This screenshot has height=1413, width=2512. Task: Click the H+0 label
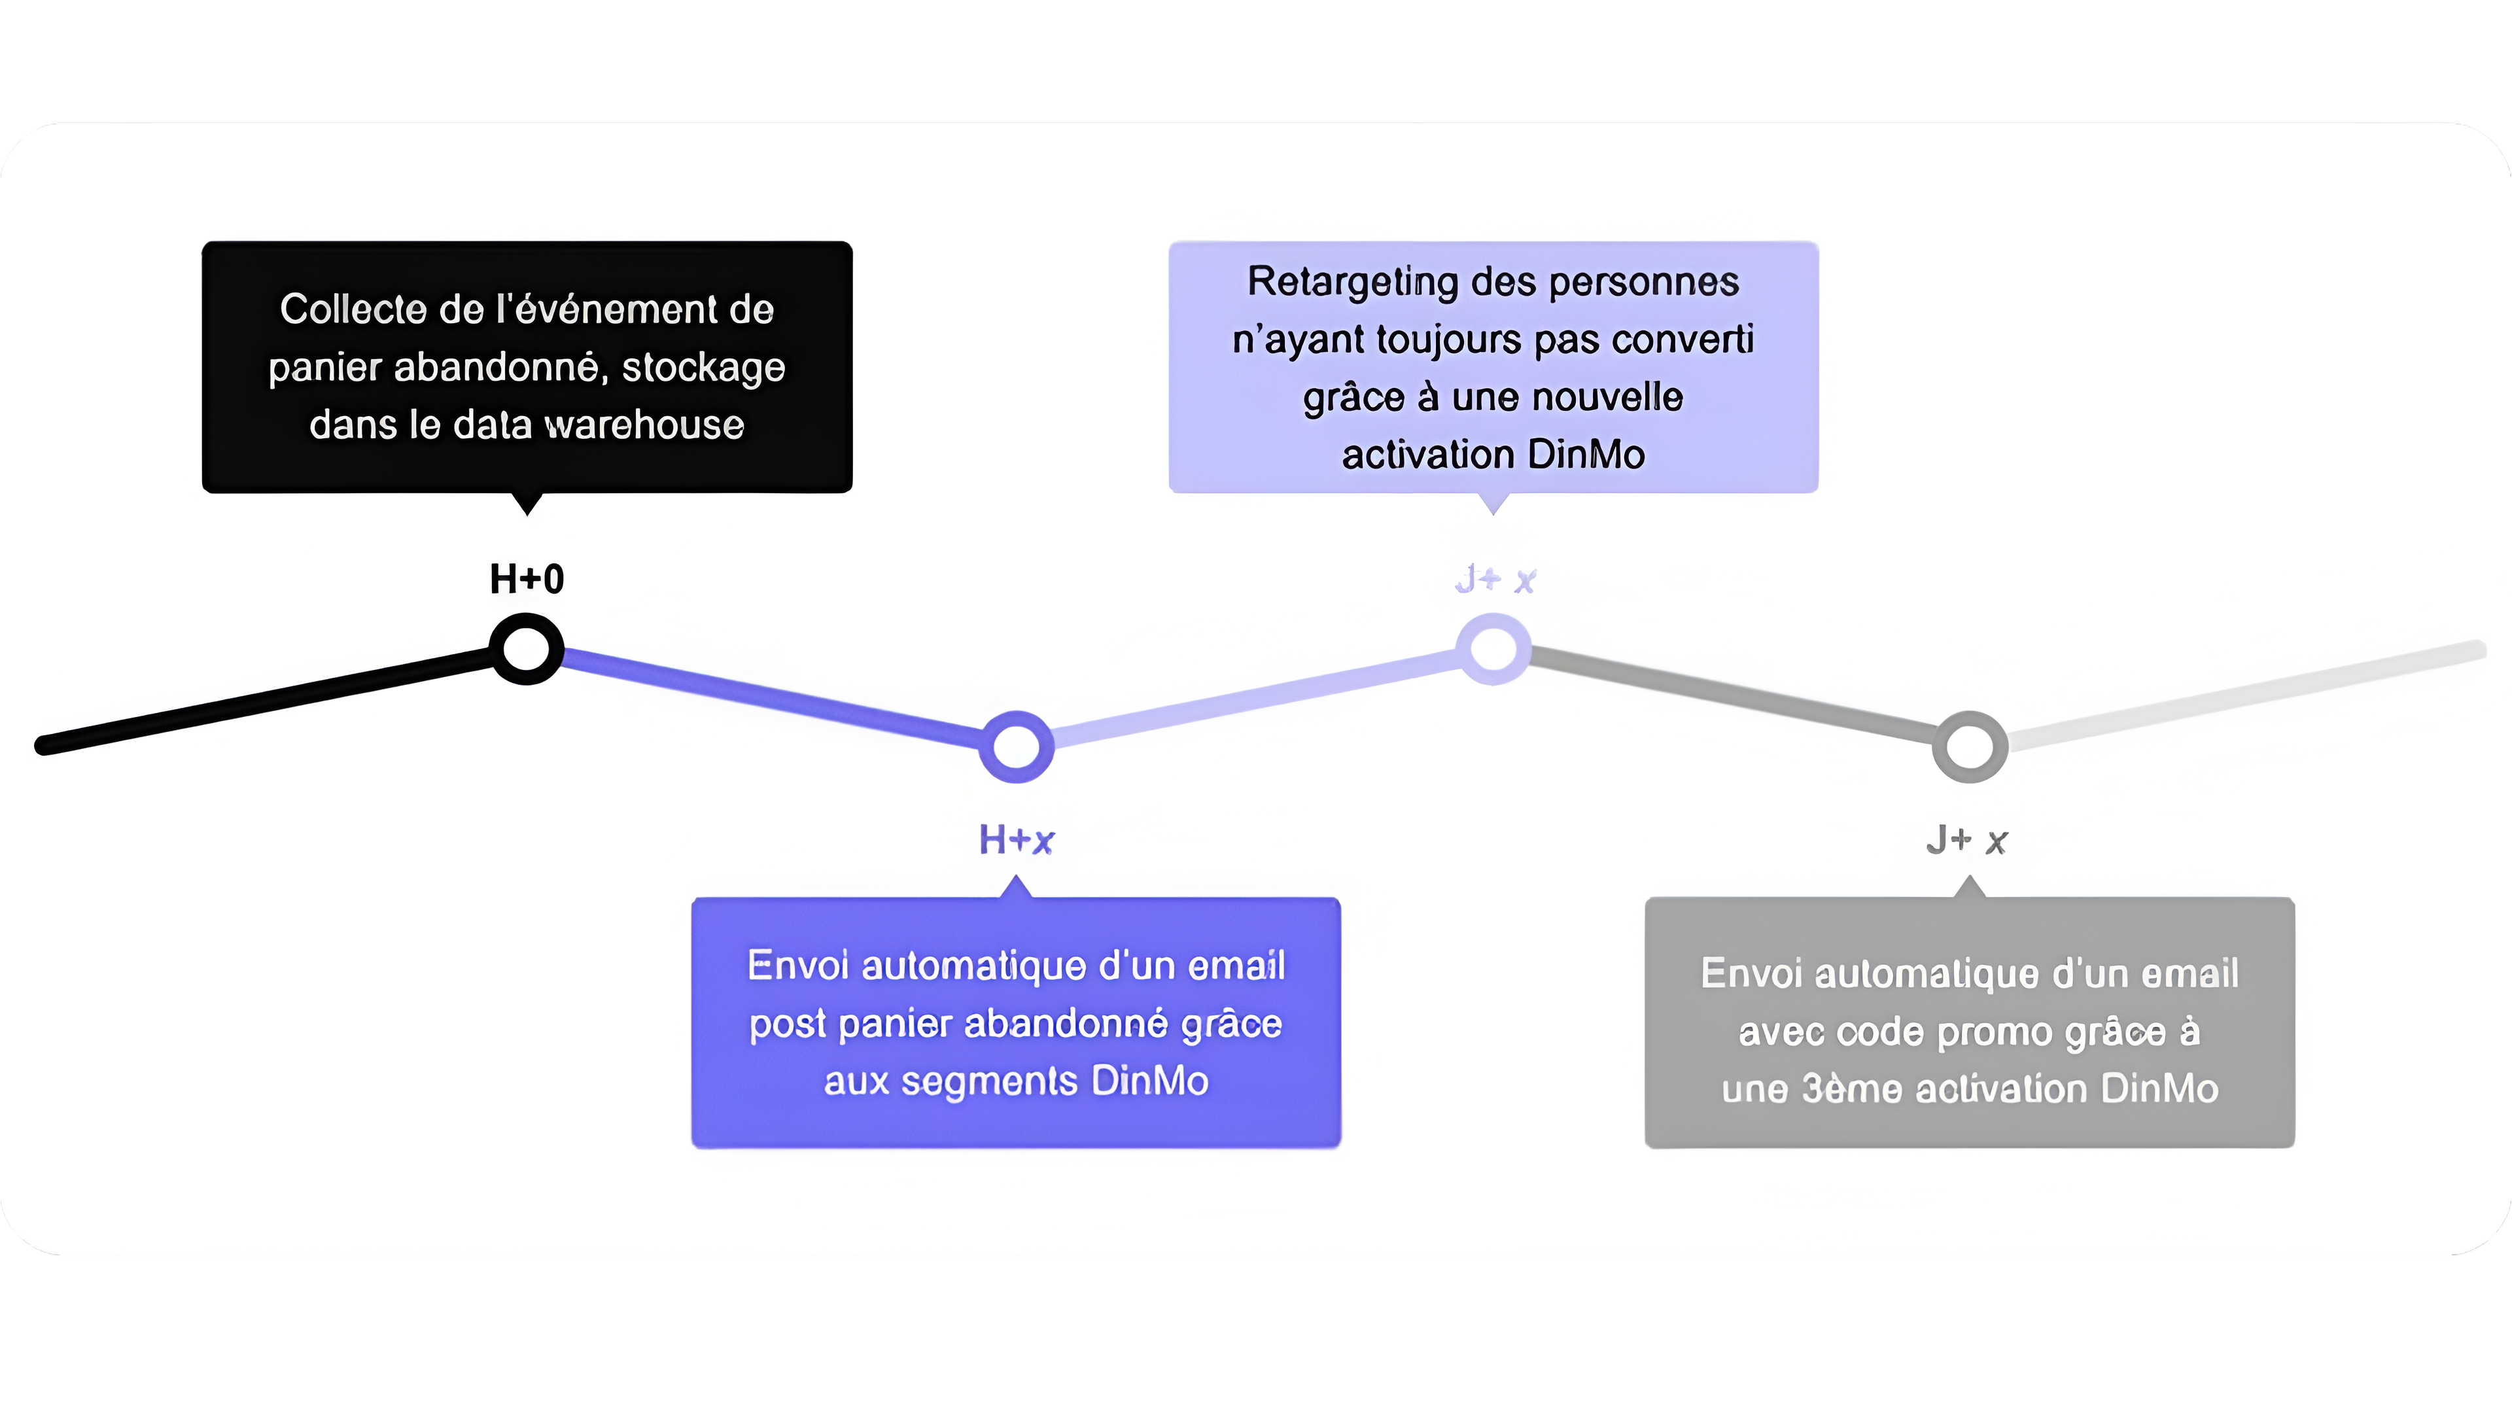(527, 579)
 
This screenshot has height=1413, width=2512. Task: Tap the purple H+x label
(1016, 839)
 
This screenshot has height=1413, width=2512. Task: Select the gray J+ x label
(1968, 839)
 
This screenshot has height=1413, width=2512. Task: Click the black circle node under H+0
(527, 648)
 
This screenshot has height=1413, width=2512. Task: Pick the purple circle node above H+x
(1016, 746)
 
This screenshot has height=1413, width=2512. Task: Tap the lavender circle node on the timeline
(1493, 648)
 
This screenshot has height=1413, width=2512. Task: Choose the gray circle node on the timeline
(1970, 746)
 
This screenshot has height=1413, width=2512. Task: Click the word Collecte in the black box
(353, 309)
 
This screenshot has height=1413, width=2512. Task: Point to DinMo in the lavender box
(1586, 455)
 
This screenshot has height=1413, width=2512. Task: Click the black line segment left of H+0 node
(263, 699)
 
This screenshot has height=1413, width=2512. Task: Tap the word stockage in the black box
(703, 368)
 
